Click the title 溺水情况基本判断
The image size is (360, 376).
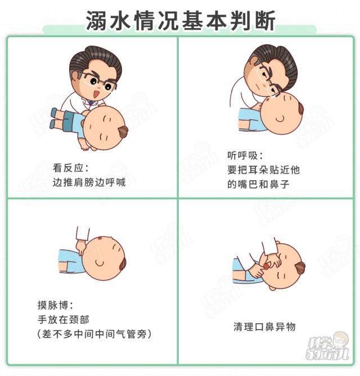(180, 21)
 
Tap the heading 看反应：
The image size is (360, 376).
(71, 168)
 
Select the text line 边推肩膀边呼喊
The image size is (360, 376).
(89, 182)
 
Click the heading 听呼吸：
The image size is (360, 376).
(245, 155)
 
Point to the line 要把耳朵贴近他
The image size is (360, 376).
(263, 170)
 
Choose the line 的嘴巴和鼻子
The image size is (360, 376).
(258, 184)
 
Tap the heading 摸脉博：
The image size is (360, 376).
(55, 305)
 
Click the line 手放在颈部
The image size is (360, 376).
(63, 320)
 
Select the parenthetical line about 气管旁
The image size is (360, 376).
(94, 334)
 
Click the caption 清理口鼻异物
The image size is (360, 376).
(264, 326)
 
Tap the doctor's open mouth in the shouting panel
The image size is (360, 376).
(96, 94)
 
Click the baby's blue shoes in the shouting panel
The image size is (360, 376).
(53, 118)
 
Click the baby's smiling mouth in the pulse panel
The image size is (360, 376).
(99, 263)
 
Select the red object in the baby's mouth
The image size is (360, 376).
(266, 266)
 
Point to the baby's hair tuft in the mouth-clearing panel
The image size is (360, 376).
(300, 267)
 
